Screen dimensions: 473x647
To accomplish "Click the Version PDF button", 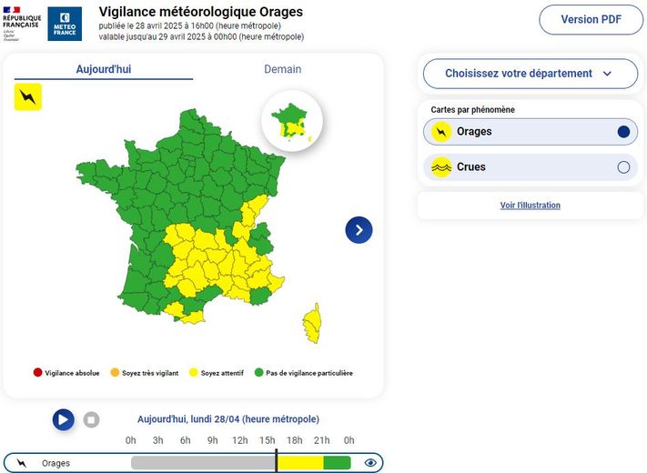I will (x=591, y=19).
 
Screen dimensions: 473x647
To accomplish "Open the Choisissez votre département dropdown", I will (x=529, y=74).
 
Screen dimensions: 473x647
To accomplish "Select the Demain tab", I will (x=282, y=69).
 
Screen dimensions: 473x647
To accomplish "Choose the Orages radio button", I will (x=623, y=132).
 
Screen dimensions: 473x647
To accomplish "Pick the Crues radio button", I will (x=623, y=167).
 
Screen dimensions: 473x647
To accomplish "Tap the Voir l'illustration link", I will (x=530, y=206).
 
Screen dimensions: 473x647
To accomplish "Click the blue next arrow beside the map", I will (x=359, y=230).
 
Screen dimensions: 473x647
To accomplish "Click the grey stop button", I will (x=91, y=419).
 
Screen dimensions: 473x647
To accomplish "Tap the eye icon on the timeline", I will (x=370, y=463).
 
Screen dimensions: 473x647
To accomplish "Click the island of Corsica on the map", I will (x=312, y=322).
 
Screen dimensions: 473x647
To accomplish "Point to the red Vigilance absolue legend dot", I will (x=37, y=373).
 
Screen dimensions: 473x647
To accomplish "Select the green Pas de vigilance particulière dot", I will (x=258, y=373).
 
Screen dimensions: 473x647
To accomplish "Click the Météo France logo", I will (x=65, y=23).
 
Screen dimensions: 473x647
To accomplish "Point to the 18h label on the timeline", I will (x=295, y=440).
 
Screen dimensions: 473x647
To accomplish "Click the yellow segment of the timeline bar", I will (x=300, y=463).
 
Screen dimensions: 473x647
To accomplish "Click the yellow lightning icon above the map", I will (x=28, y=96).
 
